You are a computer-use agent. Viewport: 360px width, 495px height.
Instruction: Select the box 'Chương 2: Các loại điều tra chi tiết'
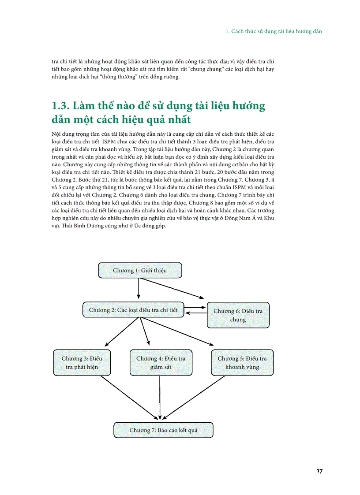[x=133, y=310]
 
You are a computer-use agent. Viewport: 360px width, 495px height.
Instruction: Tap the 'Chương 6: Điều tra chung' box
[x=238, y=315]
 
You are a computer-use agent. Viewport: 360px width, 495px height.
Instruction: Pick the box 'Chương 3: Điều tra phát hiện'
[x=82, y=363]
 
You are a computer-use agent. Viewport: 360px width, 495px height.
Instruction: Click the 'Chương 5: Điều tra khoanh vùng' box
[x=242, y=363]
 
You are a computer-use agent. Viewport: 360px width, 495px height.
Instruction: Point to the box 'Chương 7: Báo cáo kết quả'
[x=163, y=430]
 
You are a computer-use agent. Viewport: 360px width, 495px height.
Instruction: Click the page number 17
[x=319, y=471]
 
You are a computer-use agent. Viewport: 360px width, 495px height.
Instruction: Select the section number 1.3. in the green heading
[x=60, y=106]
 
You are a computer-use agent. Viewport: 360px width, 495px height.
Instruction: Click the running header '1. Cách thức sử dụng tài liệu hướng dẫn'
[x=274, y=32]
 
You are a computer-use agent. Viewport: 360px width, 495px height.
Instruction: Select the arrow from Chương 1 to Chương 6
[x=176, y=289]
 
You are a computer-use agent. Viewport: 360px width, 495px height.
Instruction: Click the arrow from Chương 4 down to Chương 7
[x=159, y=397]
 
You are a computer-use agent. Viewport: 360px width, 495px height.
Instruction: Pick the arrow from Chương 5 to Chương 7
[x=194, y=397]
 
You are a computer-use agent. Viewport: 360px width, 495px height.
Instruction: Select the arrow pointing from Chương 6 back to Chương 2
[x=196, y=313]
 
